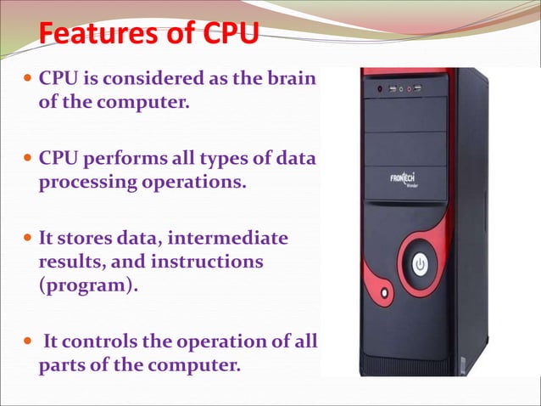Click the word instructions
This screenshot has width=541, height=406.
click(x=207, y=262)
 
